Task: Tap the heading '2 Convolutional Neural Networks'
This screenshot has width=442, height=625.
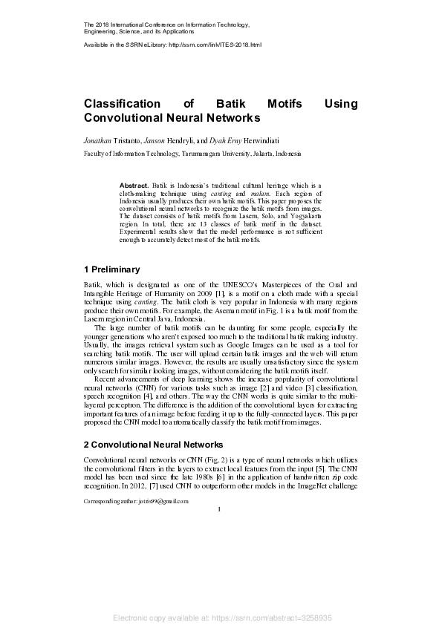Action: [153, 445]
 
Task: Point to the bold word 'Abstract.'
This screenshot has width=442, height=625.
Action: [134, 183]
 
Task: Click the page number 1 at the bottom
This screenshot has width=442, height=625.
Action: [220, 509]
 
